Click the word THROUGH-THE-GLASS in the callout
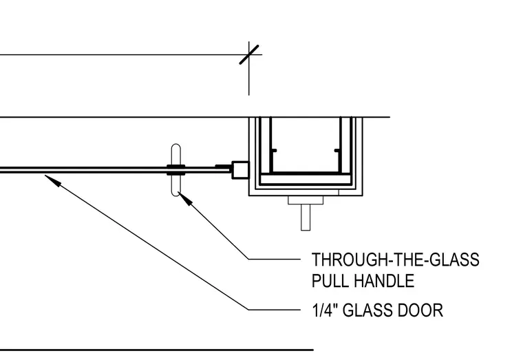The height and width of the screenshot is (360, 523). (395, 260)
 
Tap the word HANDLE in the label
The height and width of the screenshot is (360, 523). (384, 281)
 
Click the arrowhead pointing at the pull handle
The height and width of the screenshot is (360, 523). (185, 199)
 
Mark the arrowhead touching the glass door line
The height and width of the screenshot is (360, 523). (53, 180)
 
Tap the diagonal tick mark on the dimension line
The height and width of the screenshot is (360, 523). (249, 54)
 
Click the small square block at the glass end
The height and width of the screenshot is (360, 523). (240, 170)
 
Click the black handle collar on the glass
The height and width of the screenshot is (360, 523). (175, 170)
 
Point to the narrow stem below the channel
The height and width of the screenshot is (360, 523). (306, 218)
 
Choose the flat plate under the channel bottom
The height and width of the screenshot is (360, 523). (306, 200)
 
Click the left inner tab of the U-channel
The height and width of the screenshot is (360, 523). (273, 151)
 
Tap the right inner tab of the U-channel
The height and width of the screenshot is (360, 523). (337, 151)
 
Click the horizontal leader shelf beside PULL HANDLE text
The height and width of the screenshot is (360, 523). (274, 259)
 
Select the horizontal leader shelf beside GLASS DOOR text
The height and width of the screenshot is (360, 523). (274, 310)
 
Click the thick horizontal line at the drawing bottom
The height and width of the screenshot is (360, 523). (157, 350)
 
